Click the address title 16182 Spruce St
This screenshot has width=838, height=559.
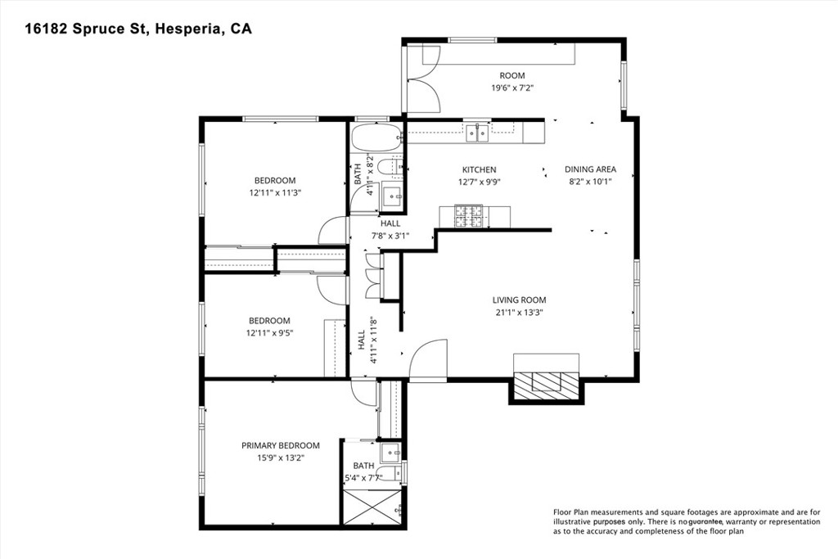[87, 29]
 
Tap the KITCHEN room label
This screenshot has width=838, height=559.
[479, 170]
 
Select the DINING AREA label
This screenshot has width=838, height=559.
[591, 169]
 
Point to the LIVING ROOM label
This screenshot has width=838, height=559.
[520, 300]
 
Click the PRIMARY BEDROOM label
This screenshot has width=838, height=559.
[281, 446]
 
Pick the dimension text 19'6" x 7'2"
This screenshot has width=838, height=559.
[512, 88]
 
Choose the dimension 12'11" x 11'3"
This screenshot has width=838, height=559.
[275, 193]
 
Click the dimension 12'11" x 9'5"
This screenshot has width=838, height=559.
[270, 333]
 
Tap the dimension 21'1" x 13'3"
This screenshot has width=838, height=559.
[520, 313]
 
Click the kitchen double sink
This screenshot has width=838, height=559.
[477, 133]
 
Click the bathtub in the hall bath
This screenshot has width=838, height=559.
[376, 137]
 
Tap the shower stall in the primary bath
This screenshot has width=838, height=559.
[373, 506]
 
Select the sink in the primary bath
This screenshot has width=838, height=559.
[391, 453]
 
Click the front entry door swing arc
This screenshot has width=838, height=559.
[427, 358]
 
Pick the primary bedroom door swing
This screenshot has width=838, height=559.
[364, 393]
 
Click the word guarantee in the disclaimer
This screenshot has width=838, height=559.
[705, 522]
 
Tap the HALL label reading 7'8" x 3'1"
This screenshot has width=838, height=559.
[390, 230]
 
